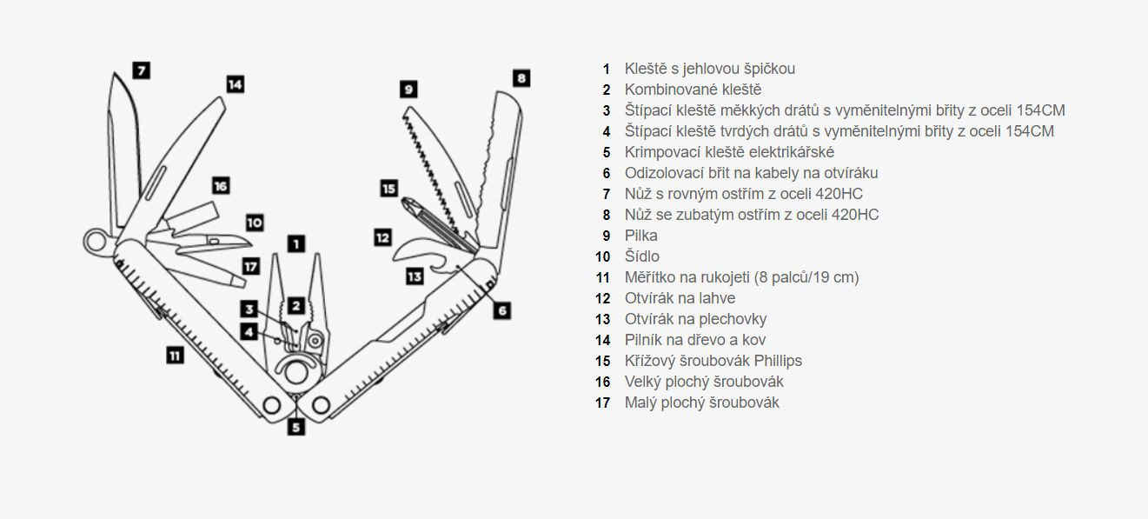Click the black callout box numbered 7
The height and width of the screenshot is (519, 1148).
(141, 70)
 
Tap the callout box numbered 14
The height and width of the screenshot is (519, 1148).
(235, 84)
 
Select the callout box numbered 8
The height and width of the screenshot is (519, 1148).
(520, 77)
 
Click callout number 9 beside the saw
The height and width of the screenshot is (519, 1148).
(408, 89)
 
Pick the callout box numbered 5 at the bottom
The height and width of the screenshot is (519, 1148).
(296, 427)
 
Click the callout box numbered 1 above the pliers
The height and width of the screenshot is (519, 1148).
(295, 244)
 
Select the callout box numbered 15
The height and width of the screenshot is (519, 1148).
(388, 188)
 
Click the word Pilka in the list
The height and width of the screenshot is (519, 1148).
(640, 236)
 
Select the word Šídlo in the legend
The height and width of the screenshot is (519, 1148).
(641, 256)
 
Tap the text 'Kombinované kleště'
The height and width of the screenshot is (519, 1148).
(693, 90)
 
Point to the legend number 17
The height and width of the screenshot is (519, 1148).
(603, 403)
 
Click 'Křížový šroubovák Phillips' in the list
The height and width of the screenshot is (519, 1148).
(713, 361)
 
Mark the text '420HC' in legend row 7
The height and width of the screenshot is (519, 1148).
(840, 194)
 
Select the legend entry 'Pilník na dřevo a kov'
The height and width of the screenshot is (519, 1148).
(695, 340)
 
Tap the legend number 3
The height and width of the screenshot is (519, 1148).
(607, 110)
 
